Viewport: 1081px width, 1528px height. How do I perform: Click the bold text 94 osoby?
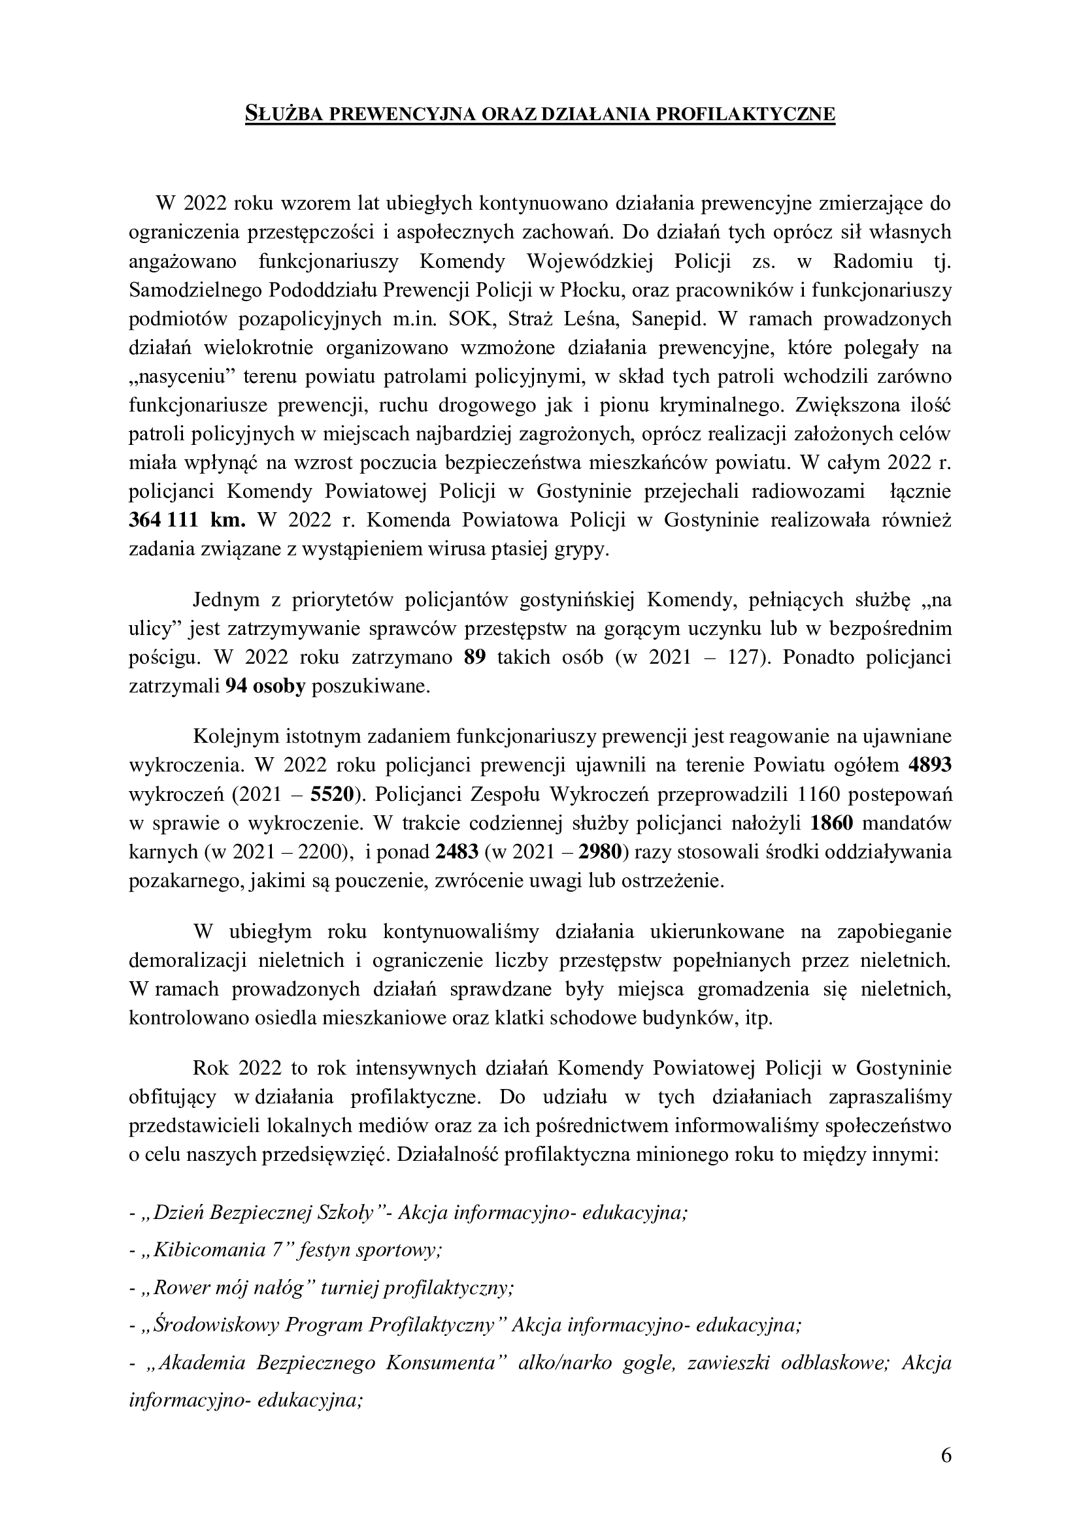265,686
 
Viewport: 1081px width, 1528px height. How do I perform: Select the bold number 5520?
330,794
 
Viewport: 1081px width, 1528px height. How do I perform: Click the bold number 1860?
832,823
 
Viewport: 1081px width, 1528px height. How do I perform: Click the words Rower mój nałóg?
228,1288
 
